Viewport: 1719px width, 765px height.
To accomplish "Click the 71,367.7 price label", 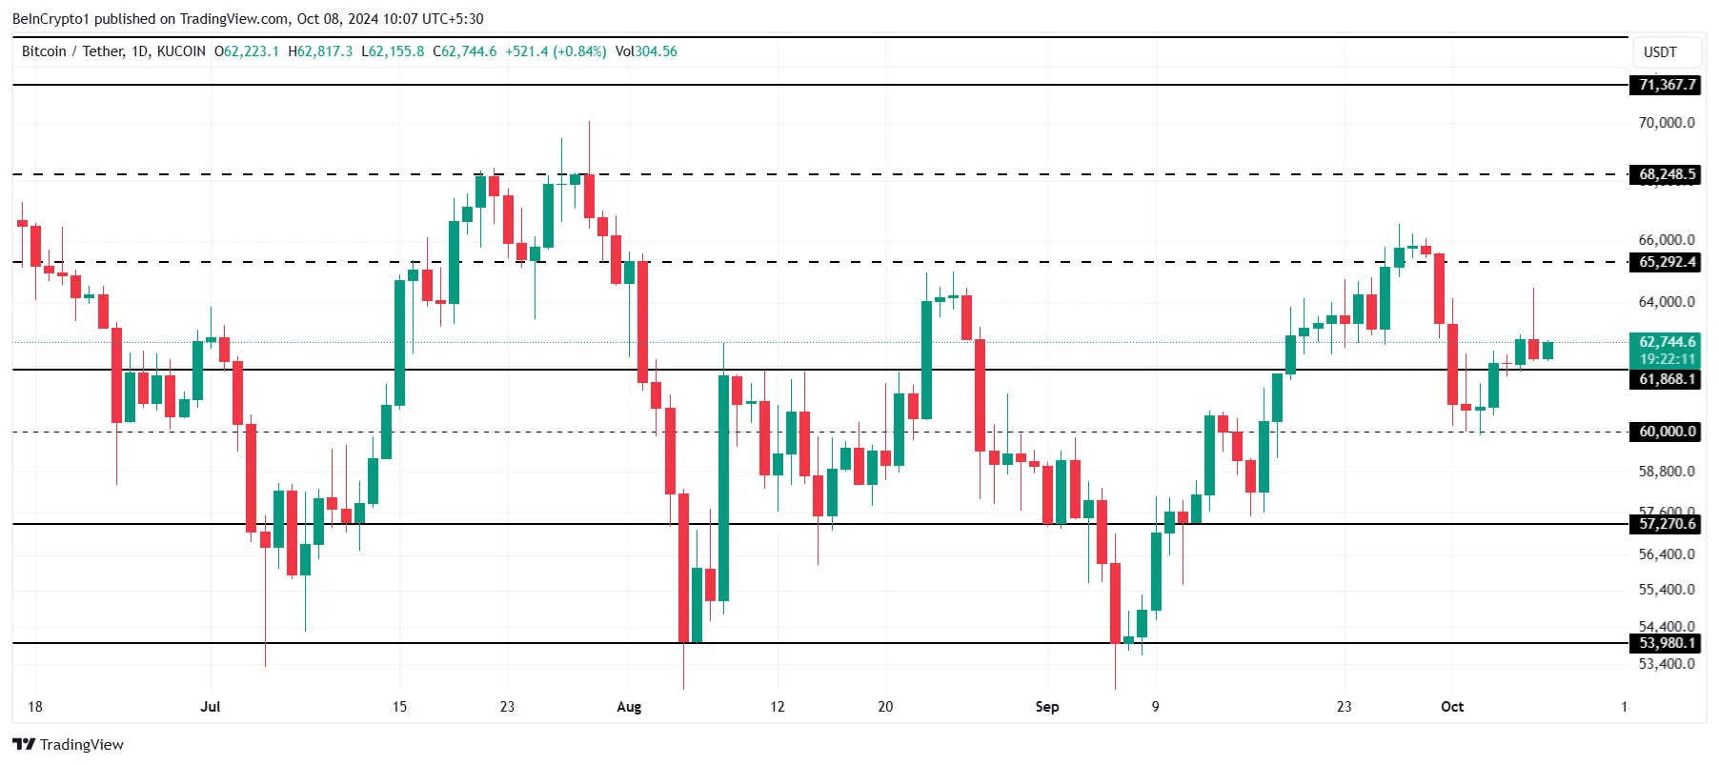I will (x=1667, y=85).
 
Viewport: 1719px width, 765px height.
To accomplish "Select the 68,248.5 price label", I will (x=1667, y=174).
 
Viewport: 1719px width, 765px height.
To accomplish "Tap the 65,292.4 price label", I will (x=1667, y=262).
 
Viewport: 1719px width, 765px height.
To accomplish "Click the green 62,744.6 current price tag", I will (x=1667, y=342).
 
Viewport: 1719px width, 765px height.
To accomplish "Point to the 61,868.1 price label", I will (x=1667, y=379).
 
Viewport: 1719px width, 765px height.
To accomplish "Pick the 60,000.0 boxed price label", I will (x=1667, y=432).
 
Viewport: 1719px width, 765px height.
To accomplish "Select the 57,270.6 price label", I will (x=1667, y=524).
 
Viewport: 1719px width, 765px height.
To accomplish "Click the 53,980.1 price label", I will (x=1667, y=643).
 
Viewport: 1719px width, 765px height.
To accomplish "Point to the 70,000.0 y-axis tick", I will (x=1666, y=123).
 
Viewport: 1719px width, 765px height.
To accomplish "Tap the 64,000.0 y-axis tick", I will (x=1666, y=302).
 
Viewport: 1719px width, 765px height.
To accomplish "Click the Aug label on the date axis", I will (x=629, y=707).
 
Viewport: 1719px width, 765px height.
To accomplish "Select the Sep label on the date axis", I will (x=1046, y=707).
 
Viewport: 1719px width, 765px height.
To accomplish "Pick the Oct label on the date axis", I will (x=1451, y=707).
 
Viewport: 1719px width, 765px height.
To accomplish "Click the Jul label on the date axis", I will (x=211, y=707).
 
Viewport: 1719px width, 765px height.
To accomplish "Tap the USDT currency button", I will (x=1660, y=52).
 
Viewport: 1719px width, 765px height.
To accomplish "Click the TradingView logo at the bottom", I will (x=68, y=745).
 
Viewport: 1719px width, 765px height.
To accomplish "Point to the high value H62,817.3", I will (x=320, y=51).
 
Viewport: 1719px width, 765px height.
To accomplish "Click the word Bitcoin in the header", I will (x=44, y=51).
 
